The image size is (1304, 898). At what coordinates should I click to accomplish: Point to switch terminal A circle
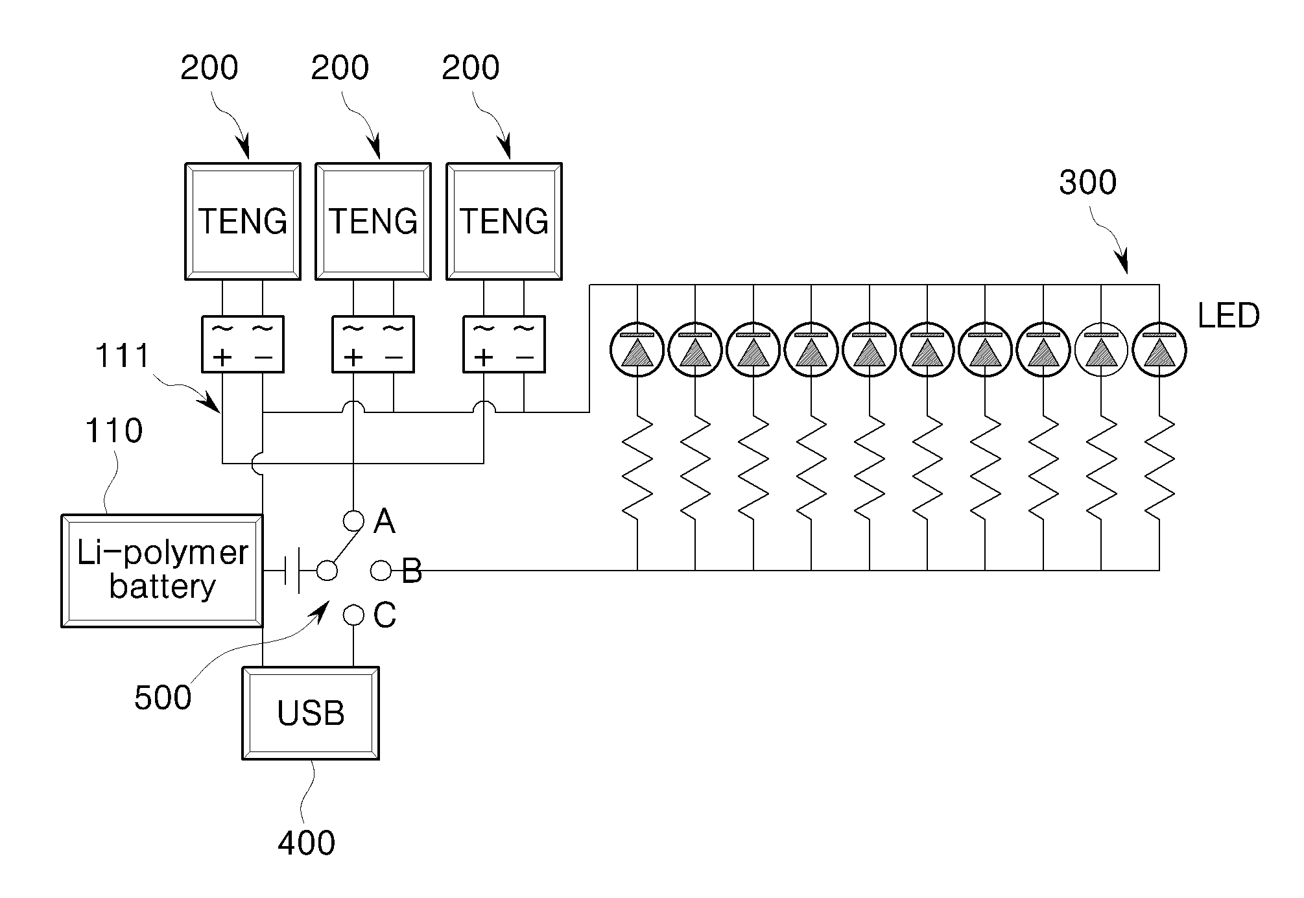click(353, 520)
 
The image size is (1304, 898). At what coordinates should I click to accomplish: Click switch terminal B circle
click(381, 571)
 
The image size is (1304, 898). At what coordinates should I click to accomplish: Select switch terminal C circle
click(353, 615)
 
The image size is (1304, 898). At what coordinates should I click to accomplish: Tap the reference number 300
click(1087, 183)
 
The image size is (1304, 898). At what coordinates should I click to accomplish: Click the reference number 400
click(306, 843)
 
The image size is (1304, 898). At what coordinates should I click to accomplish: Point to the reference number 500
click(163, 698)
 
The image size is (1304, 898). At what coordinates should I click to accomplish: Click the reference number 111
click(123, 356)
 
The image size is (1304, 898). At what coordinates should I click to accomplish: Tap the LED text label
click(1228, 316)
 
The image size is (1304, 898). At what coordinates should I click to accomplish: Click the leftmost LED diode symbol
click(637, 349)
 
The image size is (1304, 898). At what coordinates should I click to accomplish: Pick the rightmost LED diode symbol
click(1159, 349)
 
